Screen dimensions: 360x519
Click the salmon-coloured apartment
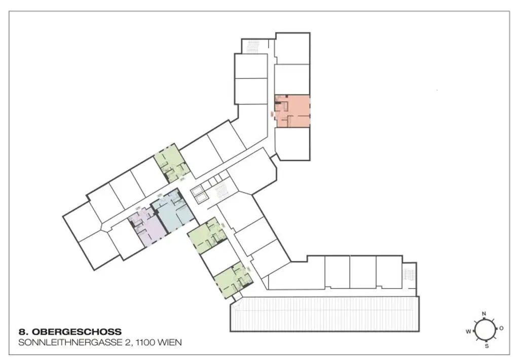(292, 111)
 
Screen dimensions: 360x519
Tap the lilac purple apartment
(147, 228)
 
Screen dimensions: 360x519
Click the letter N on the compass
(484, 314)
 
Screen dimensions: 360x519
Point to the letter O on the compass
(501, 329)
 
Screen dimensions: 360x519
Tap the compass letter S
(487, 346)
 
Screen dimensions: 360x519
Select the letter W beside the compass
(468, 331)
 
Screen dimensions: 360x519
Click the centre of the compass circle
(485, 330)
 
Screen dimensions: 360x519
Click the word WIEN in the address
(171, 343)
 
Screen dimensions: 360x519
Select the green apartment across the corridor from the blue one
(172, 162)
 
